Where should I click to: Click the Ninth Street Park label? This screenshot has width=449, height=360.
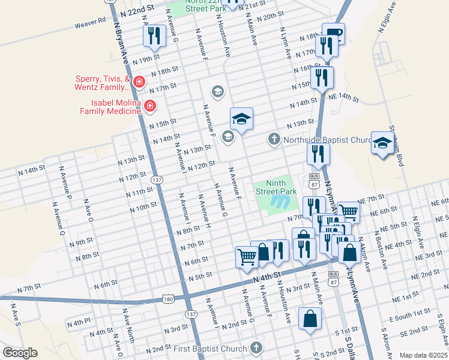click(x=277, y=187)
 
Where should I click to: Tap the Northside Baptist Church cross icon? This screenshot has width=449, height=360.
click(x=274, y=140)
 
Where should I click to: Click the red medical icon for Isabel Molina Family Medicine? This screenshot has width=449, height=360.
click(x=149, y=107)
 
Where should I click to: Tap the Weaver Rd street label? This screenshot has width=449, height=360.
click(x=89, y=24)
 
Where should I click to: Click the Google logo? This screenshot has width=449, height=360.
click(x=20, y=353)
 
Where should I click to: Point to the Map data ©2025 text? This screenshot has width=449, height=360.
click(x=423, y=355)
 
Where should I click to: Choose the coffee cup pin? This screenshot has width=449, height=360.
click(x=333, y=33)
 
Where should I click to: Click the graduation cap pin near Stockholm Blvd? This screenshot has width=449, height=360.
click(x=382, y=143)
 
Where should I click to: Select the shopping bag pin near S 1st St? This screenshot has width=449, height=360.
click(x=310, y=319)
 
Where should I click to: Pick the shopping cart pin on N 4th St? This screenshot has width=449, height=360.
click(x=247, y=256)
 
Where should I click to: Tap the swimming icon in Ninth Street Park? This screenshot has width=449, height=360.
click(x=277, y=202)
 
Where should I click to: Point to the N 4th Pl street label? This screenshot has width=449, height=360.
click(x=79, y=322)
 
